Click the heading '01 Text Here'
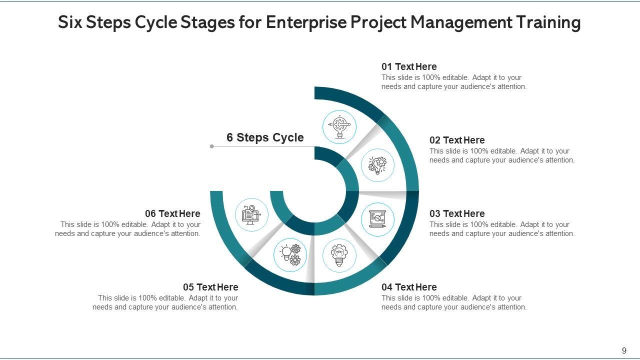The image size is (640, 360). coord(409,66)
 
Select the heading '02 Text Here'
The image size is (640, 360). coord(457,140)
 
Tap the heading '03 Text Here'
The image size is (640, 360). coord(457,213)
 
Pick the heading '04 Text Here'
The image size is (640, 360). coord(409,287)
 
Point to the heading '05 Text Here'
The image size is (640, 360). coord(210,287)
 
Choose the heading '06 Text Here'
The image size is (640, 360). coord(172,213)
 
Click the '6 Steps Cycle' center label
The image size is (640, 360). coord(265,137)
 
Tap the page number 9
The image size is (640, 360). coord(624,350)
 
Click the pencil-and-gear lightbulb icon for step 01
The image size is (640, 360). coord(339,126)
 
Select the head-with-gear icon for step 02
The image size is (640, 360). coord(377,165)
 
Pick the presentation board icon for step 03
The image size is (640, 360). coord(377,219)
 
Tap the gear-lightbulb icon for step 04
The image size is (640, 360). coord(339,255)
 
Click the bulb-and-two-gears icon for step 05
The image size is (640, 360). coord(290,254)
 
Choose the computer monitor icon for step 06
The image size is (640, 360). coord(251,214)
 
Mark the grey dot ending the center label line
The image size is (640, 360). coord(212,146)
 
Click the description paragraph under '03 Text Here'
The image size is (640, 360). coord(502,229)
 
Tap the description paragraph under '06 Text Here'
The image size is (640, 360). coord(128,229)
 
